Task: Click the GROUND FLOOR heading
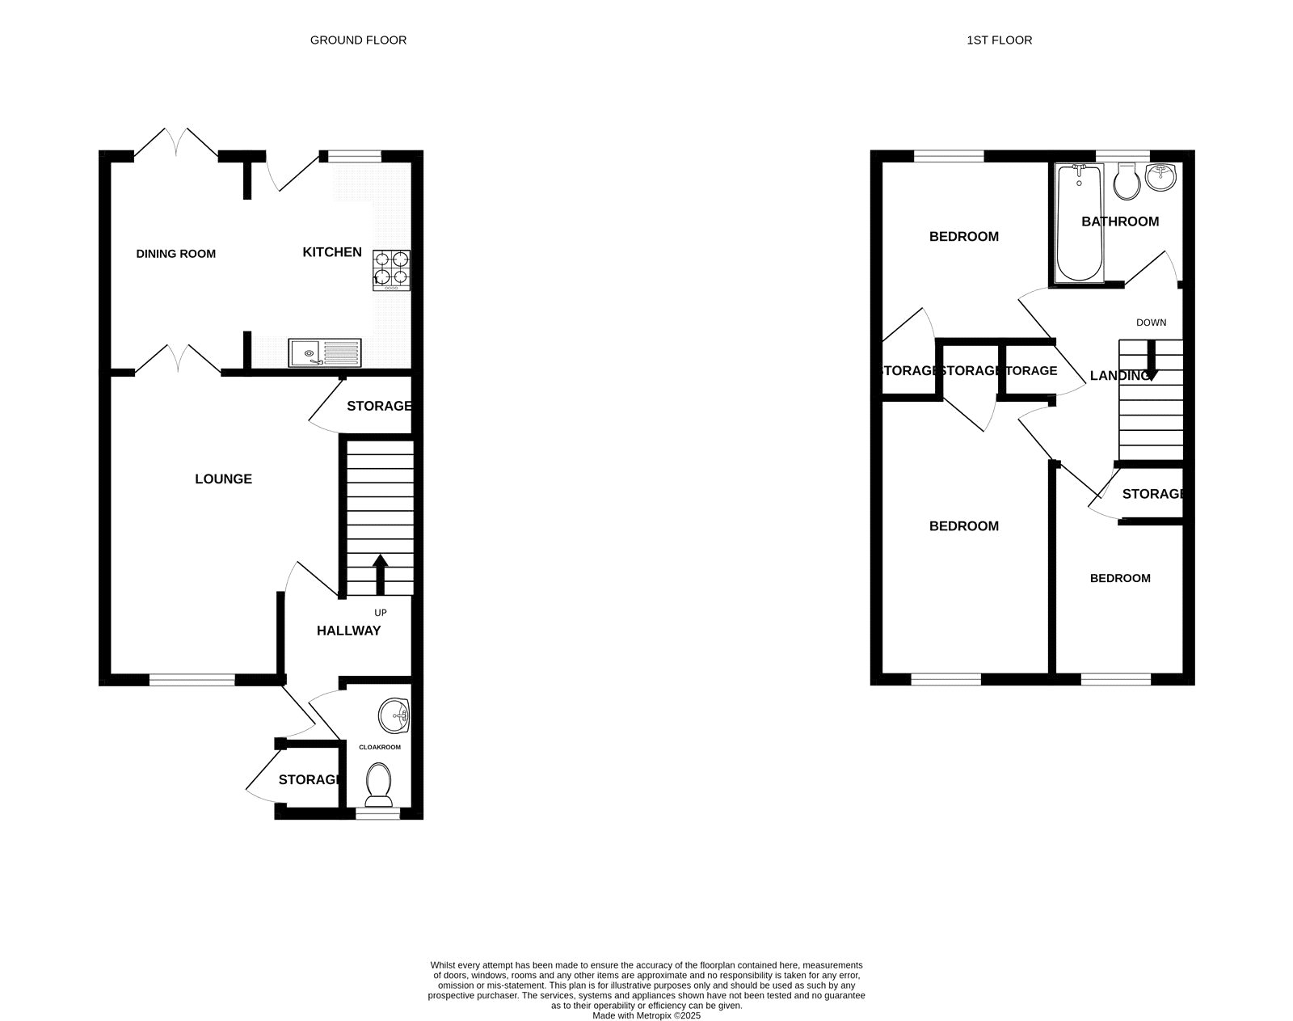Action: tap(358, 40)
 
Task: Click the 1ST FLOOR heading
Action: tap(999, 40)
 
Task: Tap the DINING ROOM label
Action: tap(175, 254)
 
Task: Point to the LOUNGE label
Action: tap(223, 479)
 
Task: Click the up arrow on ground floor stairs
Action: tap(380, 573)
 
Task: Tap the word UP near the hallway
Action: tap(380, 613)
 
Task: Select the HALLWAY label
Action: tap(348, 631)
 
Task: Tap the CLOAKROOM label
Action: tap(380, 747)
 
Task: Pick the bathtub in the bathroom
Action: tap(1079, 223)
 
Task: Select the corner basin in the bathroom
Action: tap(1162, 176)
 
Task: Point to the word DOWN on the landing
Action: tap(1151, 323)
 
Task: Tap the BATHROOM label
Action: tap(1119, 221)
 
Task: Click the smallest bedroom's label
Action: tap(1119, 578)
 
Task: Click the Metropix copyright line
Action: tap(646, 1016)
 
